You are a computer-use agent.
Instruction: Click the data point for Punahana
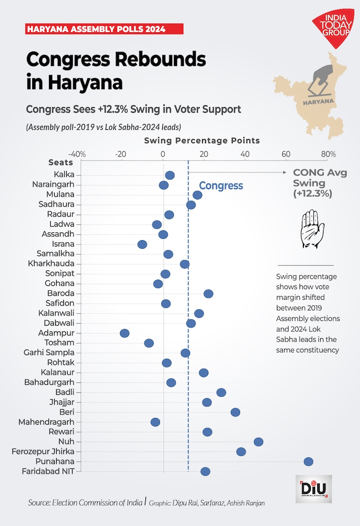pos(308,462)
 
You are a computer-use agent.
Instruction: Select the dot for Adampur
pos(125,333)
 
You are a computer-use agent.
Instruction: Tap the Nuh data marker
pos(258,442)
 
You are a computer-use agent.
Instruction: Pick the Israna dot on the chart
pos(142,245)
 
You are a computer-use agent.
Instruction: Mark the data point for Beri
pos(235,412)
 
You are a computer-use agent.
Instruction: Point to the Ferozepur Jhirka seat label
pos(43,452)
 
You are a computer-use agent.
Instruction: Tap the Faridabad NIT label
pos(48,471)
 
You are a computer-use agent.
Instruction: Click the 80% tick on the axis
pos(328,154)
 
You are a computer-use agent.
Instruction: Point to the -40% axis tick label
pos(77,154)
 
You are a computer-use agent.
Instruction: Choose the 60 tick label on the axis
pos(286,154)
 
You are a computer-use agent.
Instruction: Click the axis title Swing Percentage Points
pos(202,141)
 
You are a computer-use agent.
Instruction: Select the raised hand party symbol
pos(309,228)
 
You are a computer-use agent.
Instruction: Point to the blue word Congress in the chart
pos(221,185)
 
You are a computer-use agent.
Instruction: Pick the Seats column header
pos(60,162)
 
